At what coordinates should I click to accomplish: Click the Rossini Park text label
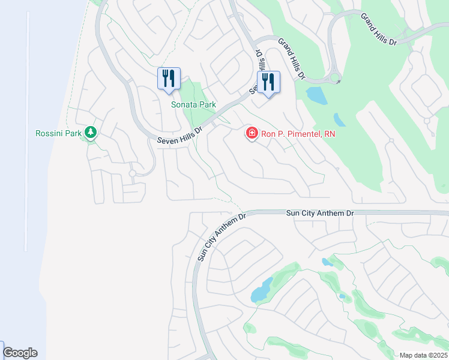(x=57, y=133)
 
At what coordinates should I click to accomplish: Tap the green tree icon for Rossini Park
(x=91, y=132)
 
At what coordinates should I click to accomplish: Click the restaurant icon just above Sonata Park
(x=169, y=79)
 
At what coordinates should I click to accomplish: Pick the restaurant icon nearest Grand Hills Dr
(x=268, y=82)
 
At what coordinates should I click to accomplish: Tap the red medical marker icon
(x=252, y=133)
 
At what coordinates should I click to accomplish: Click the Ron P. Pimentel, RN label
(x=298, y=134)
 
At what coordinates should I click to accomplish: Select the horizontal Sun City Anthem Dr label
(x=320, y=213)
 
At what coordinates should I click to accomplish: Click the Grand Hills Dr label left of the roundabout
(x=292, y=59)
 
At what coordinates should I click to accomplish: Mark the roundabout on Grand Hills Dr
(x=335, y=77)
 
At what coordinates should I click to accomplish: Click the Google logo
(x=20, y=353)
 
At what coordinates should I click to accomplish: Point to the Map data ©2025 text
(x=423, y=355)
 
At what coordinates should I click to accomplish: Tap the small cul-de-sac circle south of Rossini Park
(x=133, y=173)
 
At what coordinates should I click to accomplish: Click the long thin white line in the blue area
(x=26, y=132)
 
